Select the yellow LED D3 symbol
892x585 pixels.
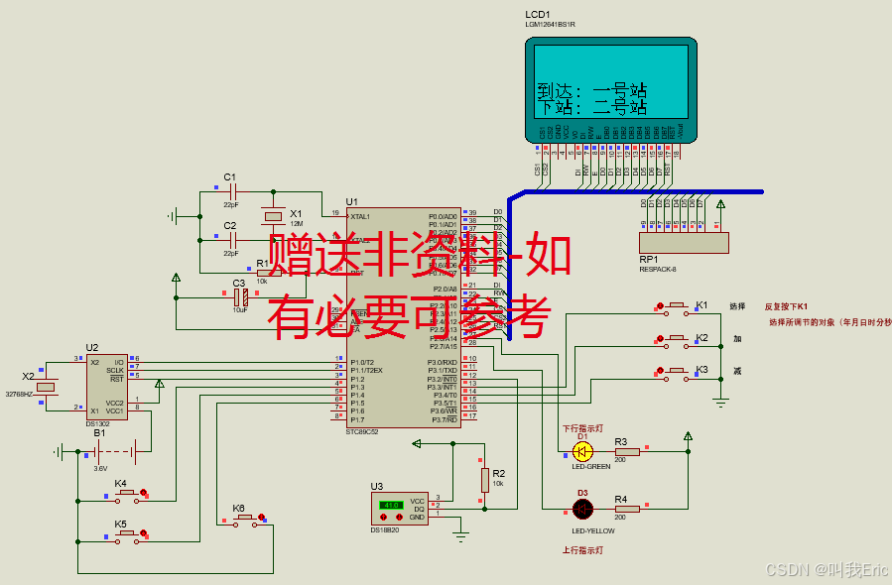[582, 509]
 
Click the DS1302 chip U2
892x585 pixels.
[106, 387]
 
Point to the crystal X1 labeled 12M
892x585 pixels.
[273, 217]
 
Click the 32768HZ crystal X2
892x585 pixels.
[45, 387]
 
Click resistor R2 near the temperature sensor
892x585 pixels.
[485, 480]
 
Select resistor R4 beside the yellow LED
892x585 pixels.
[626, 509]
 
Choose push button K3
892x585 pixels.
[677, 371]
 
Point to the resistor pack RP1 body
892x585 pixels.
[684, 242]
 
